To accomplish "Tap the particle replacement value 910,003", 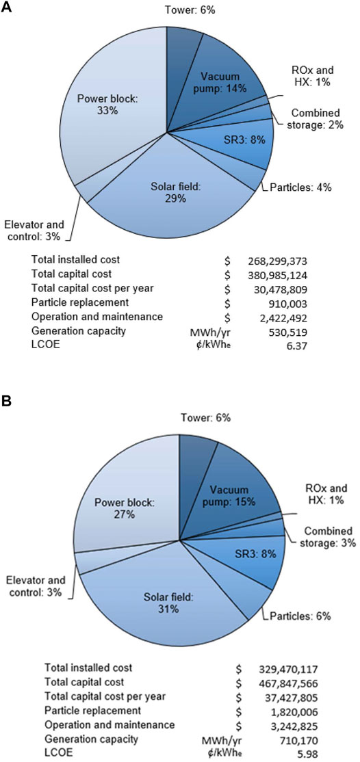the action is tap(290, 302).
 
